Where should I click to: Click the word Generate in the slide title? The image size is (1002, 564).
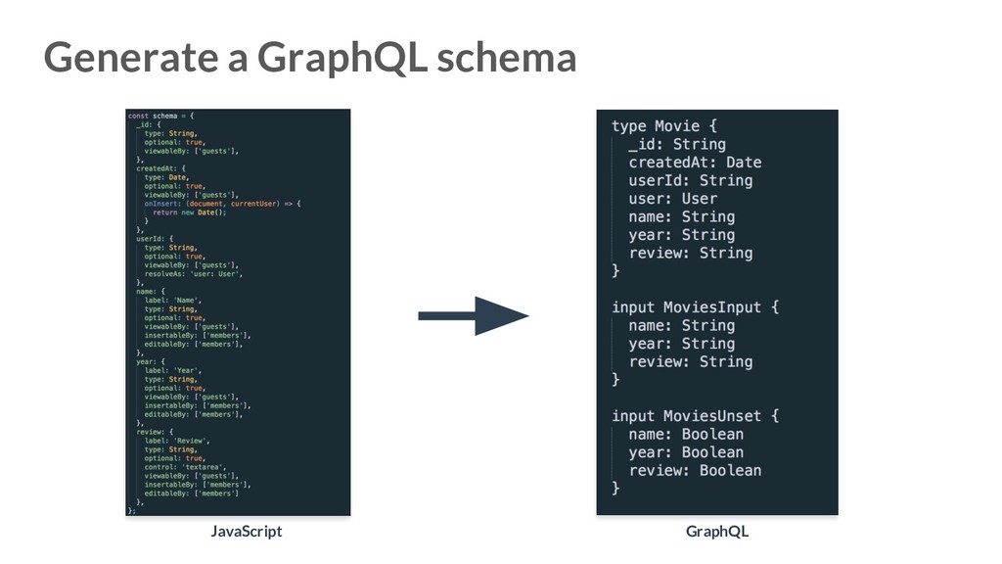click(x=133, y=58)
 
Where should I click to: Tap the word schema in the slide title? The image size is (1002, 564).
click(x=506, y=58)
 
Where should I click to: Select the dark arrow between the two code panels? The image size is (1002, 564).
click(x=474, y=315)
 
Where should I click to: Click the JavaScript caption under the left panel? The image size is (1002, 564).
click(x=246, y=531)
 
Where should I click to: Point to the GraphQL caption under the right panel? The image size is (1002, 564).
click(x=717, y=531)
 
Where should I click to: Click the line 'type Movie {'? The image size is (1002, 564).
click(x=664, y=126)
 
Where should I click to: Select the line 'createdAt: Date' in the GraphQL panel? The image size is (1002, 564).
click(x=695, y=163)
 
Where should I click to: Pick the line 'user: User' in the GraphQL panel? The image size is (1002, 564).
click(x=673, y=199)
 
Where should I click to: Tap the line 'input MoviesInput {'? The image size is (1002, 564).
click(x=696, y=307)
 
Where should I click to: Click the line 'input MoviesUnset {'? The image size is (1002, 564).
click(x=696, y=416)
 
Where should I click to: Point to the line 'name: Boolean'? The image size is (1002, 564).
click(x=686, y=435)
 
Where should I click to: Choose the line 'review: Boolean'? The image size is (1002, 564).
click(x=695, y=471)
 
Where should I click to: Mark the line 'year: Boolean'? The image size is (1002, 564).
click(x=686, y=452)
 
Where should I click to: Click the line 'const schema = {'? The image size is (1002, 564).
click(x=161, y=116)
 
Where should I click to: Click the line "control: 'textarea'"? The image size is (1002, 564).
click(x=186, y=467)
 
